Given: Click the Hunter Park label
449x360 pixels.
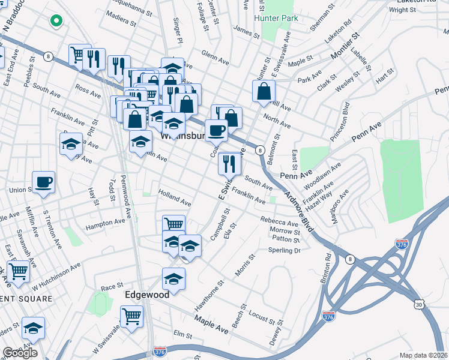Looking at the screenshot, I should pyautogui.click(x=276, y=19).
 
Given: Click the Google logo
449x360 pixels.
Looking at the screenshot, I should pyautogui.click(x=20, y=353).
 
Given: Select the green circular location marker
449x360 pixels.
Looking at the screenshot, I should pyautogui.click(x=56, y=22).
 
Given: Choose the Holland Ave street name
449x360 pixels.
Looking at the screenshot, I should pyautogui.click(x=174, y=199).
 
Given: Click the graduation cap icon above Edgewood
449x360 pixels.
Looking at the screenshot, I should pyautogui.click(x=173, y=279).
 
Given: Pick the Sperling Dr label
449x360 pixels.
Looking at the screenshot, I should pyautogui.click(x=284, y=250).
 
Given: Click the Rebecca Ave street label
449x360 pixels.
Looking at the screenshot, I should pyautogui.click(x=279, y=222).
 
